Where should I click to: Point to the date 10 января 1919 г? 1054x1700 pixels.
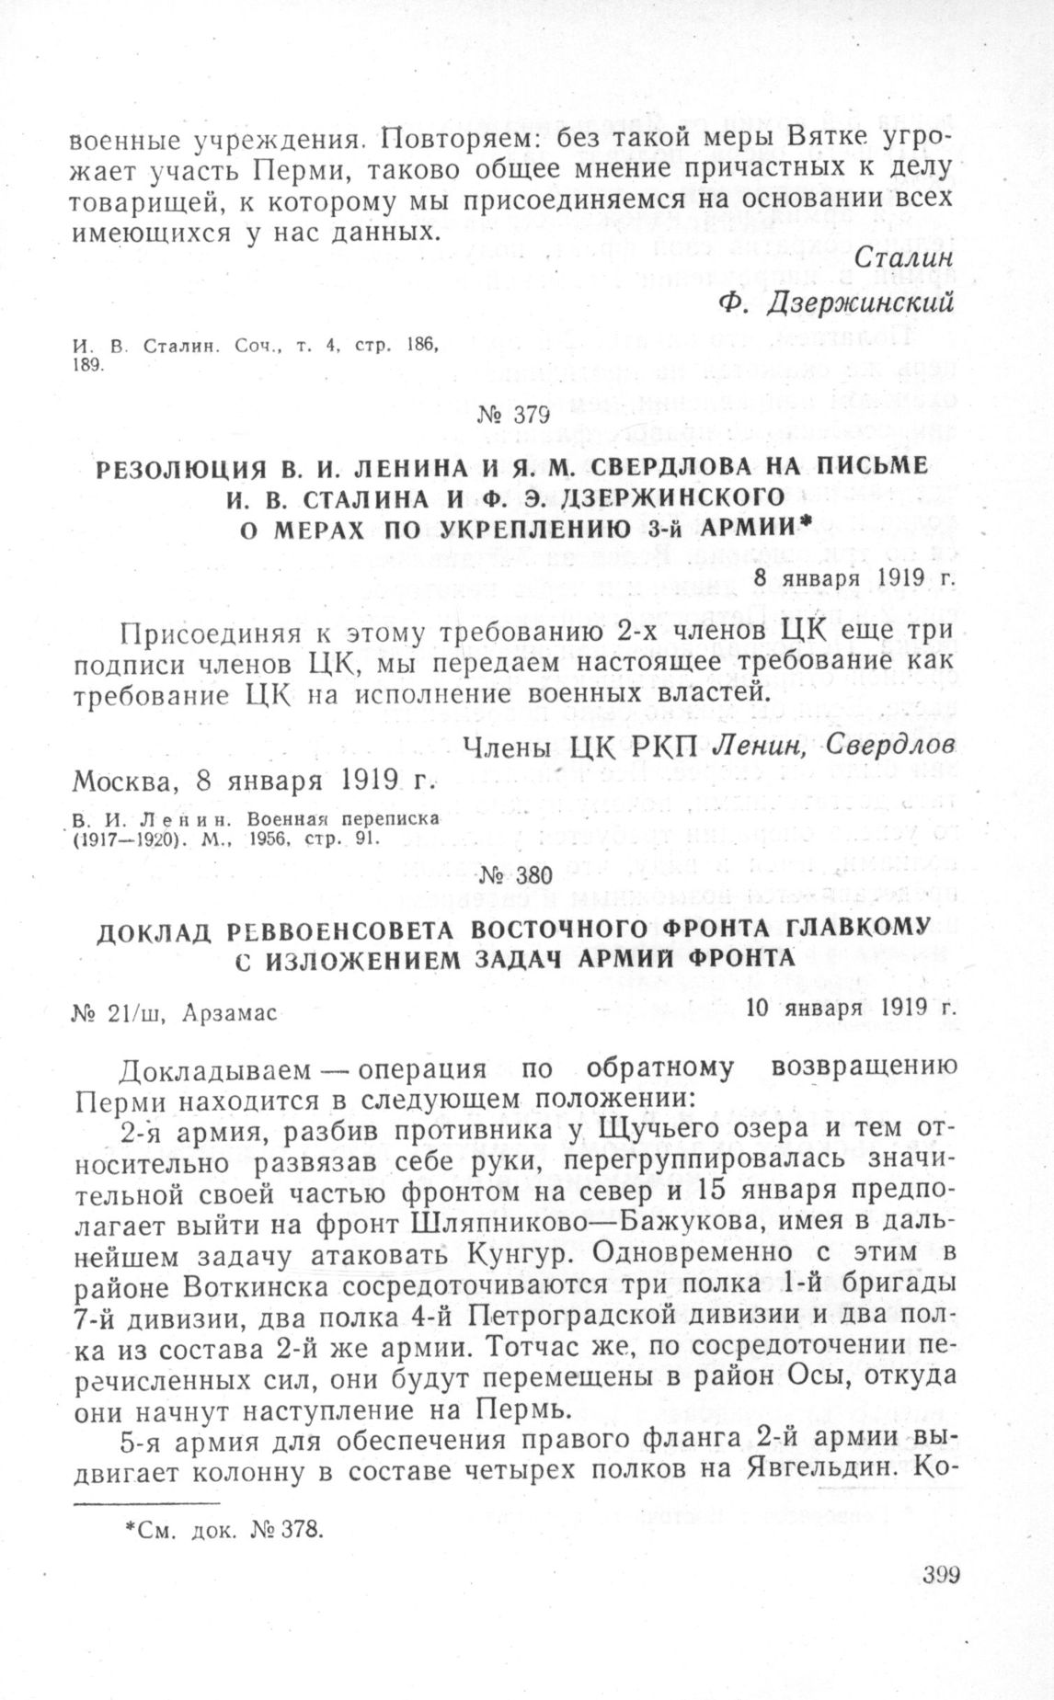click(x=851, y=1006)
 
